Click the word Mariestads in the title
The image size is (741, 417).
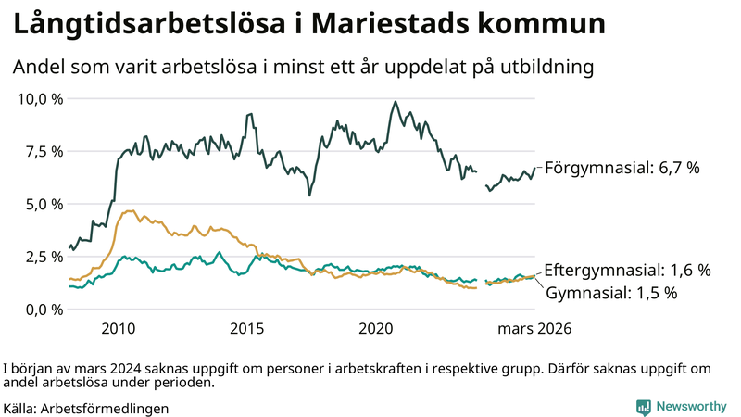coord(400,25)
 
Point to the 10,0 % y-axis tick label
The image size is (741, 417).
coord(40,99)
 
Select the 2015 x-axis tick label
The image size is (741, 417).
coord(248,328)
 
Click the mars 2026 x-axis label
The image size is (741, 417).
coord(534,328)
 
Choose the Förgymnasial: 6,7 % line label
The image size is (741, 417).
coord(621,168)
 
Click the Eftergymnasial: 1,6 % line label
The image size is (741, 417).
coord(627,271)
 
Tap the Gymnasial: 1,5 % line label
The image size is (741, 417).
coord(611,293)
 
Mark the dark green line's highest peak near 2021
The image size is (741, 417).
coord(396,102)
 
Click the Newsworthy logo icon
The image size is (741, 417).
coord(643,407)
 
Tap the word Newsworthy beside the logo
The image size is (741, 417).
coord(692,407)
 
